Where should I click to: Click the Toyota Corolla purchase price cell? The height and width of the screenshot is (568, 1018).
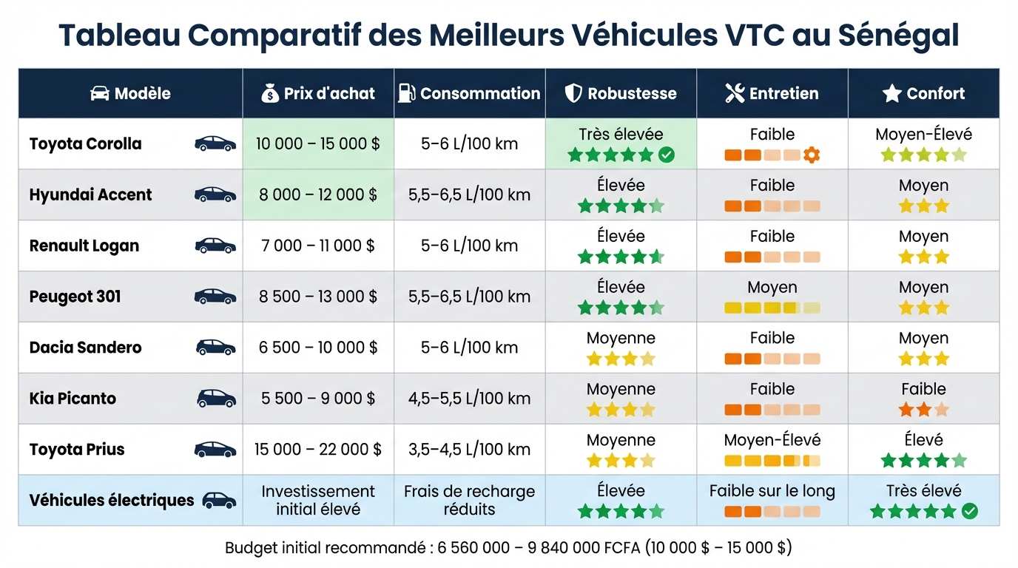pyautogui.click(x=318, y=143)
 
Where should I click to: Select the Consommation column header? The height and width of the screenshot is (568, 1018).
pyautogui.click(x=480, y=93)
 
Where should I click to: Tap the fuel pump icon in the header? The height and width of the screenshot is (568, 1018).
pyautogui.click(x=406, y=93)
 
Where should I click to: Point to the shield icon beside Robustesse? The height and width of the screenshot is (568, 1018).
pyautogui.click(x=573, y=93)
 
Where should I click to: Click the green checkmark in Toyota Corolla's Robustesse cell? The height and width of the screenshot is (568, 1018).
pyautogui.click(x=666, y=155)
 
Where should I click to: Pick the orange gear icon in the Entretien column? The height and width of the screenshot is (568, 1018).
pyautogui.click(x=812, y=155)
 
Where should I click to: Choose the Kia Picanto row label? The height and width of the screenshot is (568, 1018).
pyautogui.click(x=73, y=398)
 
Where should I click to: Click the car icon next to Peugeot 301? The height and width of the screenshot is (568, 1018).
pyautogui.click(x=215, y=297)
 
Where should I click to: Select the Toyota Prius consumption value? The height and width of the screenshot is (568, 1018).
pyautogui.click(x=469, y=449)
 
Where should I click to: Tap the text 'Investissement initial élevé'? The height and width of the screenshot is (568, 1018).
pyautogui.click(x=318, y=500)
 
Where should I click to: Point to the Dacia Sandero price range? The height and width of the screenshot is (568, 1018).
pyautogui.click(x=318, y=348)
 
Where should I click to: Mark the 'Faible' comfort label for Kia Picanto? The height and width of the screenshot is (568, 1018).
pyautogui.click(x=923, y=389)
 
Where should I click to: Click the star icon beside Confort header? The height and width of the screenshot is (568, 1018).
pyautogui.click(x=892, y=93)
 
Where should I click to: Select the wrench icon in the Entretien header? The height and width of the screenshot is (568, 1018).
pyautogui.click(x=735, y=93)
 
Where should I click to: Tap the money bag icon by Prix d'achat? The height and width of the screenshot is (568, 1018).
pyautogui.click(x=270, y=93)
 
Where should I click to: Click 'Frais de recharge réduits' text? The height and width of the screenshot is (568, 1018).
pyautogui.click(x=469, y=500)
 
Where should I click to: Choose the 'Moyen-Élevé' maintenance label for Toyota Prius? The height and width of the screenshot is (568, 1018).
pyautogui.click(x=772, y=440)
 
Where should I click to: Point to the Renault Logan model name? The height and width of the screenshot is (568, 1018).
pyautogui.click(x=84, y=246)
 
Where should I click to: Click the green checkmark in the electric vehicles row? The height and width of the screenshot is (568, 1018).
pyautogui.click(x=969, y=511)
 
